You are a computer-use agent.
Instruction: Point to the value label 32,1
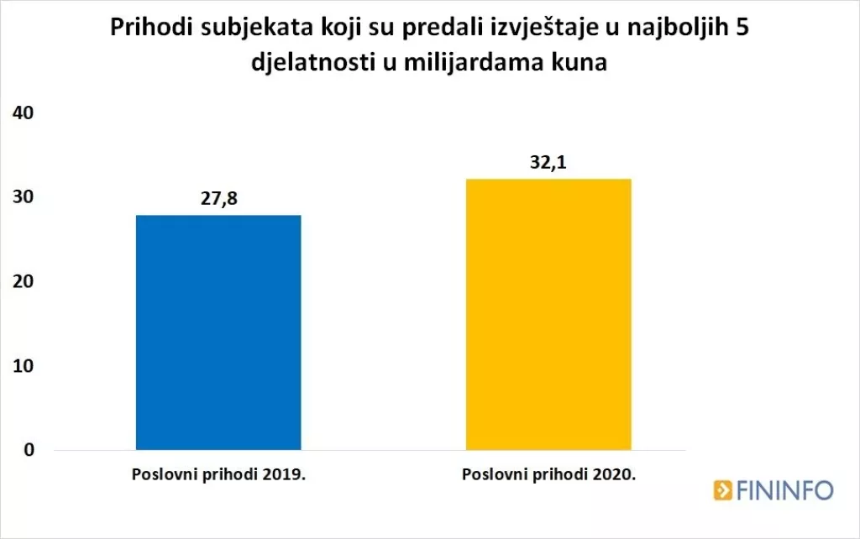tap(547, 163)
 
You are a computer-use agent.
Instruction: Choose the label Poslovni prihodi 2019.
tap(218, 474)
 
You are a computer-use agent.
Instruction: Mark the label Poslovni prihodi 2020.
tap(548, 474)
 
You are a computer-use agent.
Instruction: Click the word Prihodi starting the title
tap(148, 31)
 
